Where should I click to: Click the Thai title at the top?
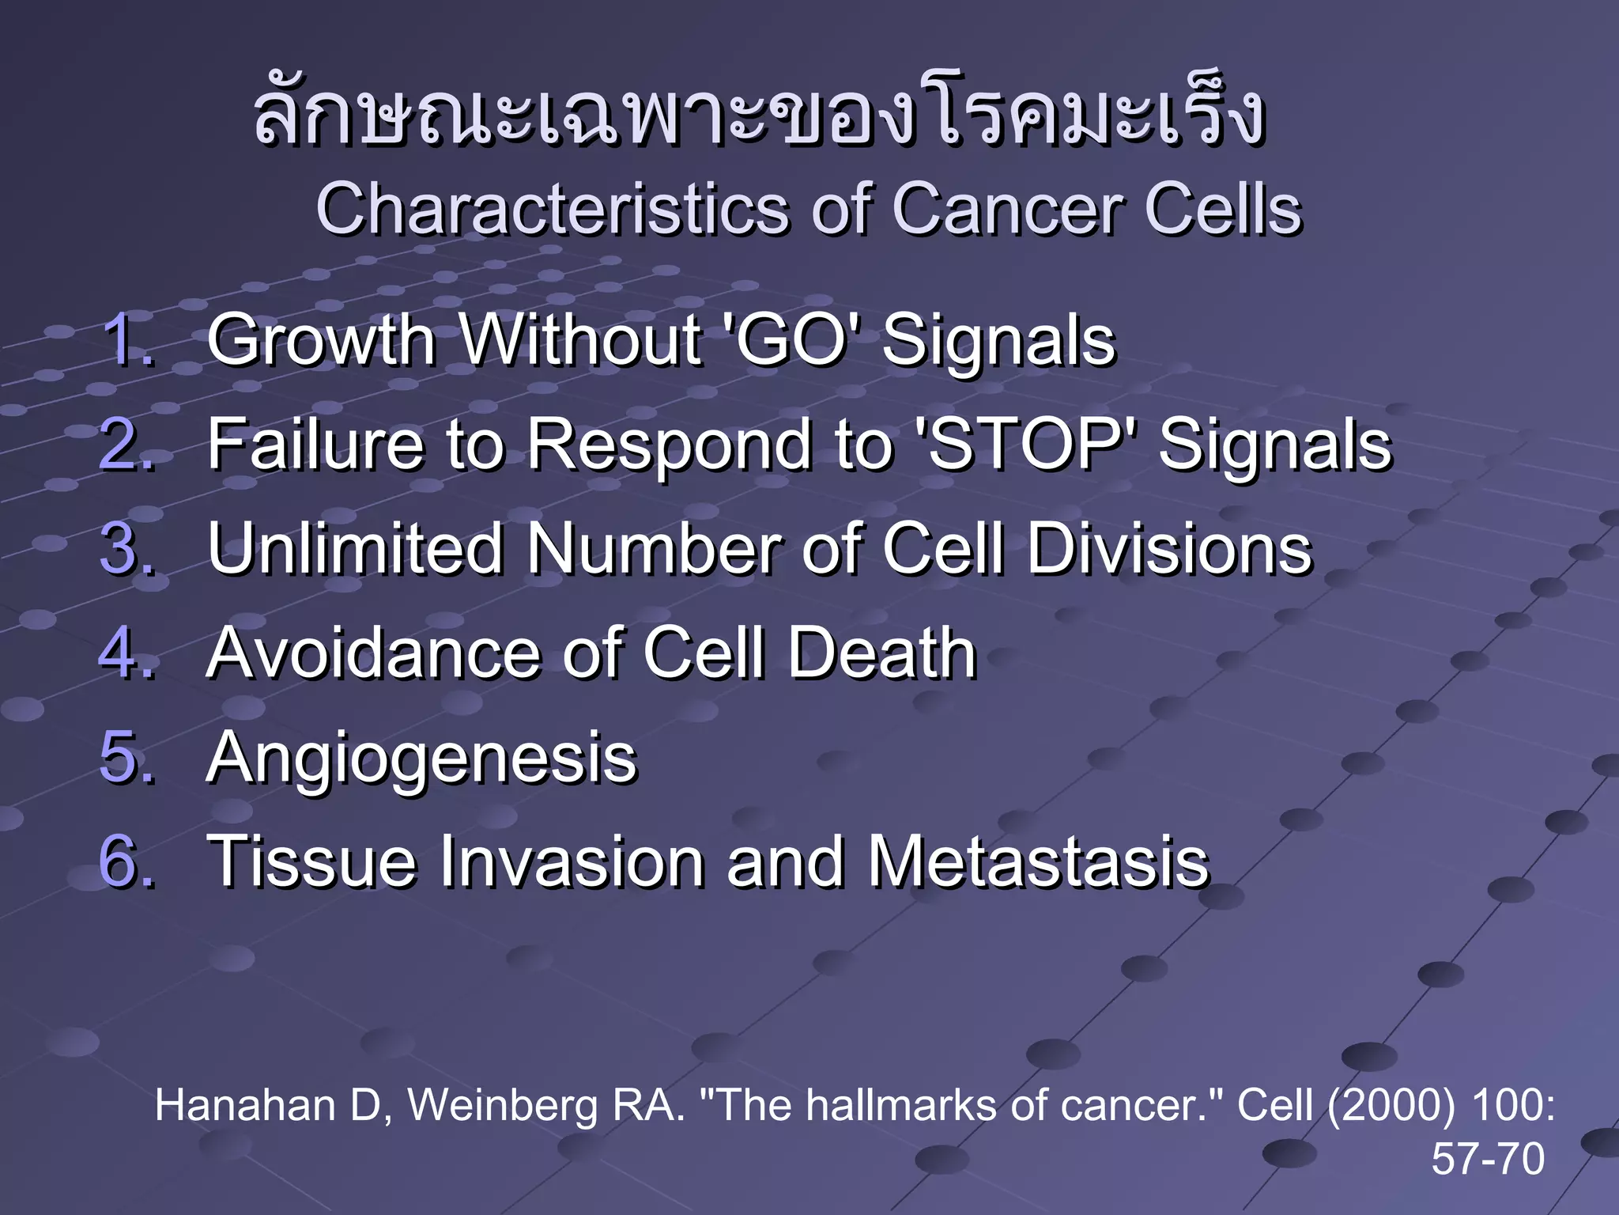point(759,119)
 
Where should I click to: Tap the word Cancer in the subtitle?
point(1008,210)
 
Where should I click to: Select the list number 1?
point(126,340)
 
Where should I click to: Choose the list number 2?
point(126,445)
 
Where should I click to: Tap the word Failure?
point(316,445)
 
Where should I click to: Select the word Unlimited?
point(356,548)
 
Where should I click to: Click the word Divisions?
point(1169,548)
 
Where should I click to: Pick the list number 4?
point(126,653)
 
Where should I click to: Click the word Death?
point(881,653)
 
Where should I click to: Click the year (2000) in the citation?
point(1391,1105)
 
